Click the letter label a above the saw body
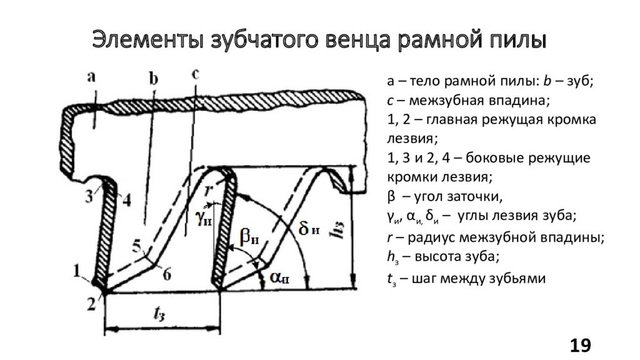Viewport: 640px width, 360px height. [91, 77]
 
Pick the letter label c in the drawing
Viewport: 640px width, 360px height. [195, 74]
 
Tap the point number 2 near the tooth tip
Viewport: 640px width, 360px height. [91, 304]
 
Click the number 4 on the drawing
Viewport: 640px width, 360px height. [126, 201]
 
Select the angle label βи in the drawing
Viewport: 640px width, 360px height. [249, 237]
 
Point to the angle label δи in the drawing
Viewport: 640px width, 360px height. [309, 230]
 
